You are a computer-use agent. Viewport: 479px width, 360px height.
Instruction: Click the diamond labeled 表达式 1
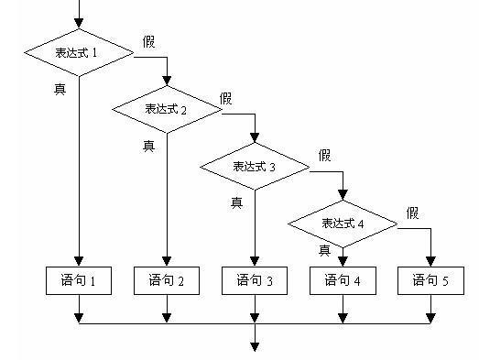coord(79,52)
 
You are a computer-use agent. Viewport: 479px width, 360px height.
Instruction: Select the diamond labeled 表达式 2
coord(167,109)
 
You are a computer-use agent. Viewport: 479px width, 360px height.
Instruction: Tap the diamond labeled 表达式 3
coord(255,166)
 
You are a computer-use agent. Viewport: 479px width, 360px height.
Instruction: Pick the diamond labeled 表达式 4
coord(343,224)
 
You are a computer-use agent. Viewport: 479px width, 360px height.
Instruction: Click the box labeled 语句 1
coord(79,280)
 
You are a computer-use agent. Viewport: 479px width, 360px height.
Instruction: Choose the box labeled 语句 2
coord(167,280)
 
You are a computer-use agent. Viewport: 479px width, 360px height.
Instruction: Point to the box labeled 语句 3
coord(255,280)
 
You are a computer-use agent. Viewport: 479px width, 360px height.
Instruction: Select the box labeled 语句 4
coord(343,280)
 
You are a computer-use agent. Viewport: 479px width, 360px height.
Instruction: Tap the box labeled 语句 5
coord(430,280)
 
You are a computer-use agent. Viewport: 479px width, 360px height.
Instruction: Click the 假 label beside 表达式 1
coord(149,41)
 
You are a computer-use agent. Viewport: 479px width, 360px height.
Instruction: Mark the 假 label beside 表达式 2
coord(226,97)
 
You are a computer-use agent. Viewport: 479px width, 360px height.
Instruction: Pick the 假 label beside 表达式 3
coord(324,155)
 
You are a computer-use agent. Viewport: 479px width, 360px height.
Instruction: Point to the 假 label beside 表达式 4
coord(413,213)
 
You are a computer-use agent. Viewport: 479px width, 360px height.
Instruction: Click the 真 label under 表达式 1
coord(60,89)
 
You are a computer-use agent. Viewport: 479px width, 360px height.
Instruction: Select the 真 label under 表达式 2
coord(148,145)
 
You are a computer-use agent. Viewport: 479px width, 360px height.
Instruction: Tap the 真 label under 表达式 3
coord(236,202)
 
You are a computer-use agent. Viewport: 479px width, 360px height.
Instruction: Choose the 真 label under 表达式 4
coord(324,250)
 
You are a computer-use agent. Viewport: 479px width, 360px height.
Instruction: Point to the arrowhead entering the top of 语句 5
coord(430,262)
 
